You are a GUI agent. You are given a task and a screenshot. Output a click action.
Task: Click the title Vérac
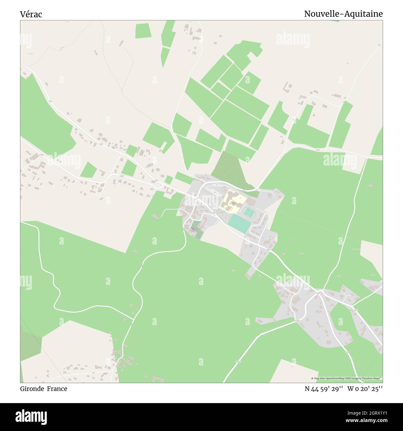click(31, 14)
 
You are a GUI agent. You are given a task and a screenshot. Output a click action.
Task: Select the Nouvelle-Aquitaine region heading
click(343, 14)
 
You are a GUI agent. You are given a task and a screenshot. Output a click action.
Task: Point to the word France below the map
click(57, 389)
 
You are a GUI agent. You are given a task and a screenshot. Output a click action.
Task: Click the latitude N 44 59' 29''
click(324, 389)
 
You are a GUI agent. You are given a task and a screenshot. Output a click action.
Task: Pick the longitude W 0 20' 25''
click(365, 389)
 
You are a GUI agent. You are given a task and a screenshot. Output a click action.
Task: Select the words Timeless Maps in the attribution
click(374, 378)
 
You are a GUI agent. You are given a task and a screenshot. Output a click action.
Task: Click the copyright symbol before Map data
click(312, 378)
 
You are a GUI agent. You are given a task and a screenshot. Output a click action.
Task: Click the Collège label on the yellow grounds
click(232, 202)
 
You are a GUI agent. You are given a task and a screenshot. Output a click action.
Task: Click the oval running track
click(249, 212)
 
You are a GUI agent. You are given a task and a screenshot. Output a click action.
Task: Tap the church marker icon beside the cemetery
click(193, 229)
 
